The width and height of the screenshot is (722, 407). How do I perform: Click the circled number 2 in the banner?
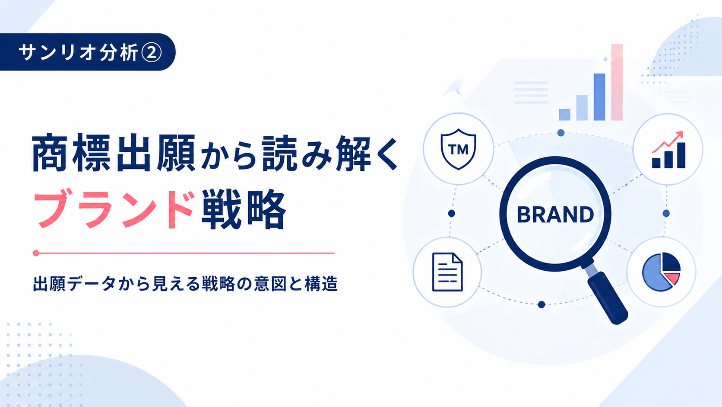pyautogui.click(x=152, y=53)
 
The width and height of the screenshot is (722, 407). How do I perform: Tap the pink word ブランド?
pyautogui.click(x=114, y=209)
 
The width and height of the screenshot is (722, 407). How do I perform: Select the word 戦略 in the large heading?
pyautogui.click(x=244, y=209)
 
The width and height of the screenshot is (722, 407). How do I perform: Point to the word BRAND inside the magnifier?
pyautogui.click(x=555, y=215)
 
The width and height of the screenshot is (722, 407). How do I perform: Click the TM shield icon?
pyautogui.click(x=458, y=149)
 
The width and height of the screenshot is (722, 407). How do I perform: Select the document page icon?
pyautogui.click(x=447, y=272)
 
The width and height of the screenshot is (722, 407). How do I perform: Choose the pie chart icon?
pyautogui.click(x=661, y=272)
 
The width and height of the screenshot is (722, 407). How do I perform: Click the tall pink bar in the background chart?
pyautogui.click(x=617, y=82)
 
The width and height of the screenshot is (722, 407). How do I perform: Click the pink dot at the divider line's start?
pyautogui.click(x=36, y=253)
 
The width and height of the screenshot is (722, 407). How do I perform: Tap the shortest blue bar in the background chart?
pyautogui.click(x=564, y=115)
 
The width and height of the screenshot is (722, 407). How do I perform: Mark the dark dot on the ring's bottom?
pyautogui.click(x=541, y=304)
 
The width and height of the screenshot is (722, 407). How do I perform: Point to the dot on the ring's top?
pyautogui.click(x=561, y=133)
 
